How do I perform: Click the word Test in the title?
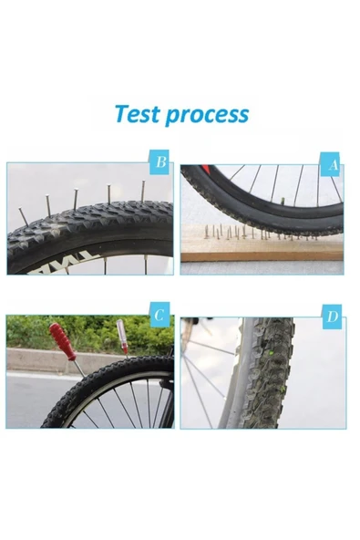coord(136,115)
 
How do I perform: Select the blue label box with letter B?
coord(160,164)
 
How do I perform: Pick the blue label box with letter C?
coord(160,317)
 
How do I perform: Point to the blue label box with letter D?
coord(333,317)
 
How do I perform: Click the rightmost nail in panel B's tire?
coord(142,192)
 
